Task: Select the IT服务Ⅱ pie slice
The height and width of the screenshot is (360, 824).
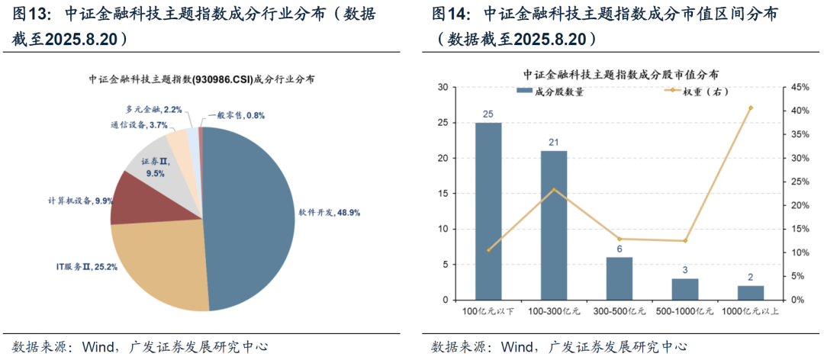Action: click(x=156, y=263)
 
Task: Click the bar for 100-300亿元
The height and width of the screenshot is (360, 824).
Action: click(x=554, y=225)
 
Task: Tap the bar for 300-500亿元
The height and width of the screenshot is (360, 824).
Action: click(x=620, y=278)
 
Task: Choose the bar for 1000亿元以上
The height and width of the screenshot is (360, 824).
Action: click(x=751, y=293)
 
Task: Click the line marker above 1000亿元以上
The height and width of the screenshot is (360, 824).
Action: click(x=751, y=108)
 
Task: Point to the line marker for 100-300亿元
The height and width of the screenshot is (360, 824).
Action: click(x=554, y=189)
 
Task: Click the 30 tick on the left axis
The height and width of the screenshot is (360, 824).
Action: click(x=443, y=87)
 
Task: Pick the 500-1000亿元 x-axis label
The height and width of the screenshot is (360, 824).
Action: click(x=685, y=311)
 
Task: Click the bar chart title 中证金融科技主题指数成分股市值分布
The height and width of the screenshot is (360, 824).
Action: click(x=620, y=75)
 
